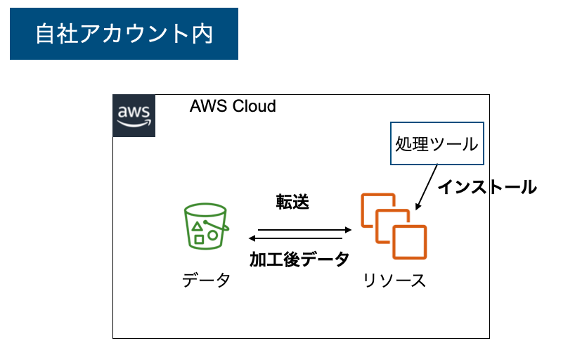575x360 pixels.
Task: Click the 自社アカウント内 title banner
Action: (124, 34)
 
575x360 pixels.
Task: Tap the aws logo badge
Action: (134, 115)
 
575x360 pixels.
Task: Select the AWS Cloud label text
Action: (233, 106)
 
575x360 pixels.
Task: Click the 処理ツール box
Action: (437, 143)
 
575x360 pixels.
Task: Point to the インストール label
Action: (487, 187)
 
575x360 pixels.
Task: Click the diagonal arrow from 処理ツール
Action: (427, 187)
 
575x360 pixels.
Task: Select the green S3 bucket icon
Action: (206, 226)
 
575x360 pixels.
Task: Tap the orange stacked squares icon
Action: (394, 226)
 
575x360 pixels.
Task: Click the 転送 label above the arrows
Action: (292, 202)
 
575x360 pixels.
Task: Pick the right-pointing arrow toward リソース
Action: (305, 230)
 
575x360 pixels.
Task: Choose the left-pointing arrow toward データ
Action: (295, 238)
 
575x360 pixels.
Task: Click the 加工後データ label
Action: (299, 259)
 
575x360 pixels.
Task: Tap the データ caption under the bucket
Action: (207, 281)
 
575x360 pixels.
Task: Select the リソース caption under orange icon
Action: (394, 281)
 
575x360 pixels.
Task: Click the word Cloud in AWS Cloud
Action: (254, 106)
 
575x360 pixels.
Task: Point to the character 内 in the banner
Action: (202, 34)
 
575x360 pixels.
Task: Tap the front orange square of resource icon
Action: (410, 242)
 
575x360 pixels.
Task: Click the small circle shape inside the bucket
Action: (213, 236)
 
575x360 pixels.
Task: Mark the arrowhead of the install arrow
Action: (418, 207)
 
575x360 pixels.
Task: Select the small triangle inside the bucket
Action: (198, 226)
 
